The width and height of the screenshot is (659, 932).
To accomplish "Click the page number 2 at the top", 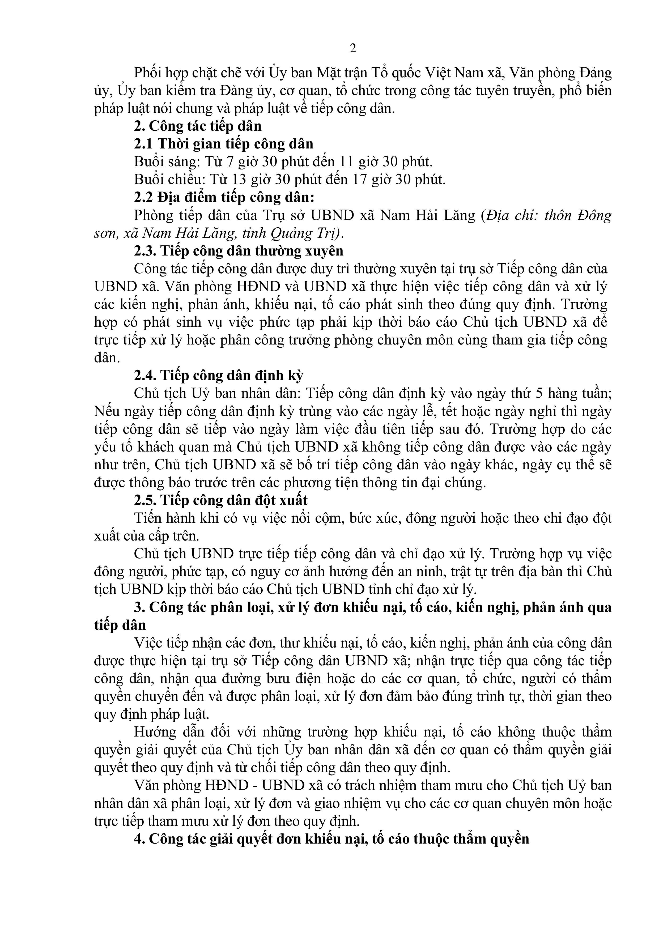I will pos(353,49).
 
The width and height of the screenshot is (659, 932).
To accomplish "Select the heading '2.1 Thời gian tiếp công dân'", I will pos(224,144).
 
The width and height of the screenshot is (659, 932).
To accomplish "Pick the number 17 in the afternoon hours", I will pos(360,180).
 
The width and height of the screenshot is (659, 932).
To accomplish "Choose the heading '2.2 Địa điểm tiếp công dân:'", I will pos(224,198).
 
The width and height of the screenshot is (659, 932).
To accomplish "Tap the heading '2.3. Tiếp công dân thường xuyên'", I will pos(239,251).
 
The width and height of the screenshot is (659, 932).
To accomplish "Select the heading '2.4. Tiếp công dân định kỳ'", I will pos(218,376).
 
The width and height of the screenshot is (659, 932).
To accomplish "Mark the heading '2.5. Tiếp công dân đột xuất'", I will pos(220,500).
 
